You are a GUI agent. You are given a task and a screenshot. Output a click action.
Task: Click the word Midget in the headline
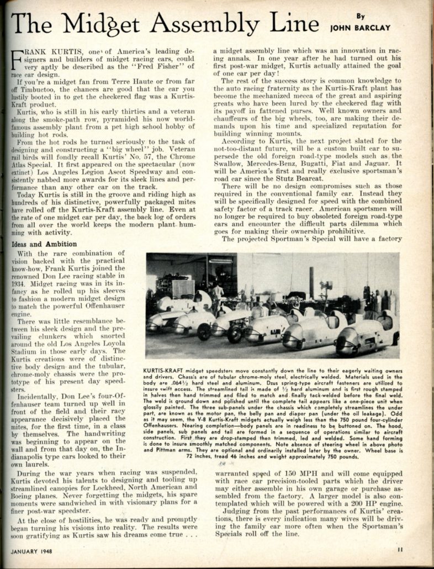(110, 23)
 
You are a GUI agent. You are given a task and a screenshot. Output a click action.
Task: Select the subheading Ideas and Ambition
(42, 244)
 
